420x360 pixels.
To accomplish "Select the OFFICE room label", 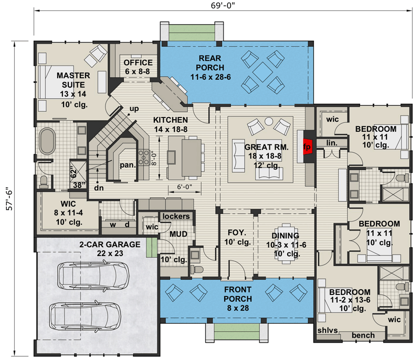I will (x=138, y=67).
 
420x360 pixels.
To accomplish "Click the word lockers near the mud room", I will (x=176, y=216).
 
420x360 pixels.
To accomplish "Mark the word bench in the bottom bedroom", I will (x=363, y=335).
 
